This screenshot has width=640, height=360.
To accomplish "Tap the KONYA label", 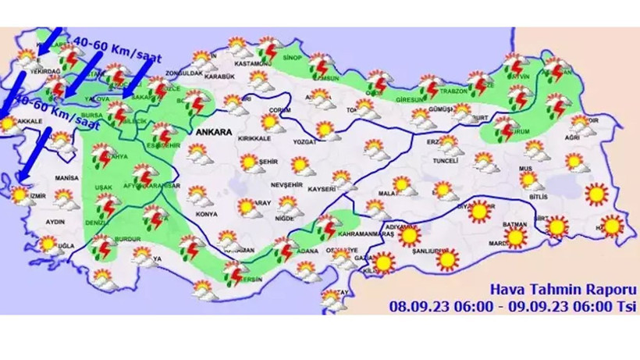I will coord(207,213).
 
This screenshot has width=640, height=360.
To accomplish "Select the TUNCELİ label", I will coord(438,162).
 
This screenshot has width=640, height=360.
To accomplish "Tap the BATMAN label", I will coord(515,224).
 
